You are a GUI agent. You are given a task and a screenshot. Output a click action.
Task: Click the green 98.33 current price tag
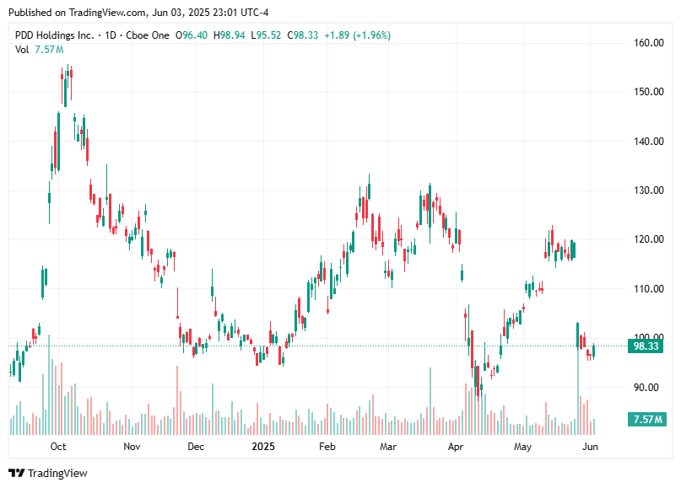coord(647,346)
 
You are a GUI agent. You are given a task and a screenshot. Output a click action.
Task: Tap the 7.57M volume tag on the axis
coord(647,420)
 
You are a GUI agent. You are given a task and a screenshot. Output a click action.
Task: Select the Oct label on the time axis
coord(58,446)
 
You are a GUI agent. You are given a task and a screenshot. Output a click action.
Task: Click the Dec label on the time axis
coord(195,446)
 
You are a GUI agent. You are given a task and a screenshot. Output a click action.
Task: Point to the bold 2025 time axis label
coord(263,446)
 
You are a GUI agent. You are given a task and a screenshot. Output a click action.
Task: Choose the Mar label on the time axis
coord(387,446)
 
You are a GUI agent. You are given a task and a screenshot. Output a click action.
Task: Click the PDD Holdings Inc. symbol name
coord(54,35)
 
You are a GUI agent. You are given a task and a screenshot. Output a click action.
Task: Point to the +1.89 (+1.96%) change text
coord(357,35)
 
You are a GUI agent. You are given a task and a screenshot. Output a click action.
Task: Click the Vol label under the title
coord(22,50)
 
